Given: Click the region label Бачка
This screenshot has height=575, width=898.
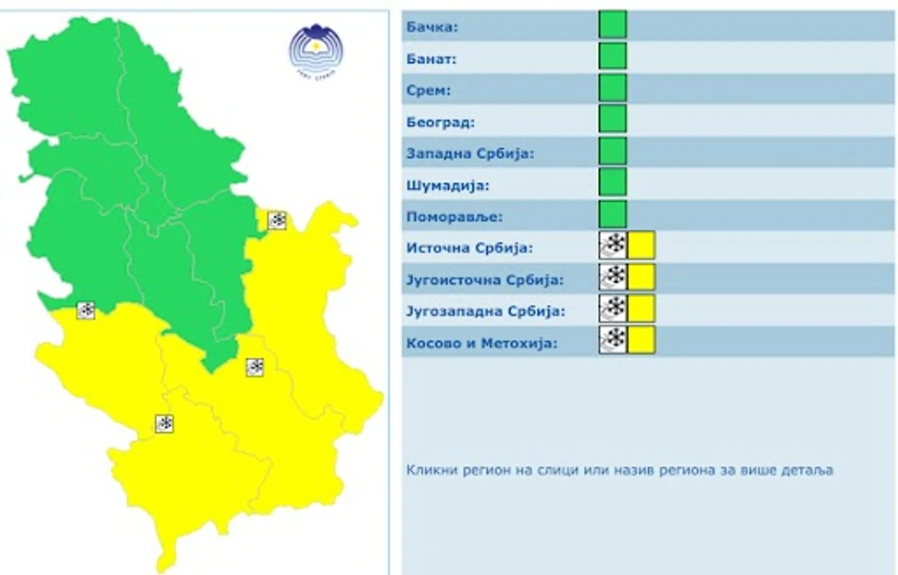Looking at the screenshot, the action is click(432, 27).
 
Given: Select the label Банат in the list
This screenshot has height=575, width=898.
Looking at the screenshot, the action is click(432, 58).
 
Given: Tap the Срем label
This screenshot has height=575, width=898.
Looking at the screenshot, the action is click(428, 91).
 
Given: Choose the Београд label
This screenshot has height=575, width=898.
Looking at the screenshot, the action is click(439, 122).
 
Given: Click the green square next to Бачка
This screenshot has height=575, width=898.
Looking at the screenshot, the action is click(612, 25).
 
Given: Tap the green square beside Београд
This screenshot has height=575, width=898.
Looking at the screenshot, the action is click(612, 119).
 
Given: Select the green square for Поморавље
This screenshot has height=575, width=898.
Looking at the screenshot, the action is click(612, 214).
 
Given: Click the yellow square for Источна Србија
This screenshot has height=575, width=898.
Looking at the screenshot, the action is click(641, 245).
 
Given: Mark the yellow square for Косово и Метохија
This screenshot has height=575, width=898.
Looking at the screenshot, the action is click(641, 340).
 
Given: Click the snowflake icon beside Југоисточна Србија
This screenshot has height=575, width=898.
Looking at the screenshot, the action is click(612, 277).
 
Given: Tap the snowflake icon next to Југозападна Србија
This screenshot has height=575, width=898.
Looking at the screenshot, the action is click(612, 309).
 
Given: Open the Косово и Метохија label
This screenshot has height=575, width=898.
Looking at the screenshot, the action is click(481, 343).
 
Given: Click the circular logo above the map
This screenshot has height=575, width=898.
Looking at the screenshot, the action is click(315, 47).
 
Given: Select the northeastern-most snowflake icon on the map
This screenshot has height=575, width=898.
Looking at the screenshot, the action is click(276, 221).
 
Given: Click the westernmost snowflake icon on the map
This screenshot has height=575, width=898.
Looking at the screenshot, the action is click(86, 309).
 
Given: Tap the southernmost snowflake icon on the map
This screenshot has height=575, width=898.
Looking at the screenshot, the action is click(164, 423).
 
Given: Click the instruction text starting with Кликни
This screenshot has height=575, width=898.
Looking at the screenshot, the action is click(619, 470).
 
